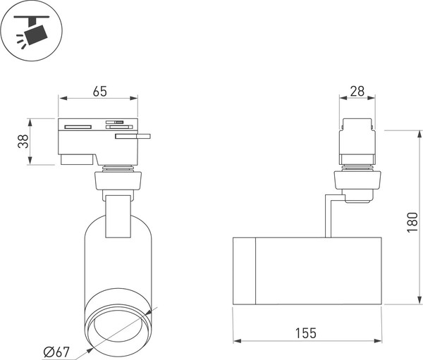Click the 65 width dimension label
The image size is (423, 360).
pyautogui.click(x=100, y=92)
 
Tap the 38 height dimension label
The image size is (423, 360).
pyautogui.click(x=23, y=142)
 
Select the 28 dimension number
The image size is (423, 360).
pyautogui.click(x=357, y=92)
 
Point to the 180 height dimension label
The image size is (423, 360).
pyautogui.click(x=412, y=222)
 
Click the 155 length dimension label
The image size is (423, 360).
pyautogui.click(x=306, y=333)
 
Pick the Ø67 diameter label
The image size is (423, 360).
pyautogui.click(x=56, y=352)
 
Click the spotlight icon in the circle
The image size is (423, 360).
pyautogui.click(x=32, y=31)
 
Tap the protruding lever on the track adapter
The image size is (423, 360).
pyautogui.click(x=133, y=136)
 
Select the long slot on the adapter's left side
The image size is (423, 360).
pyautogui.click(x=78, y=127)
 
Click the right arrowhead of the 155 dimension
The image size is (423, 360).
pyautogui.click(x=378, y=341)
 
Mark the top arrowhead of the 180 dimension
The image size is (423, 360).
pyautogui.click(x=419, y=135)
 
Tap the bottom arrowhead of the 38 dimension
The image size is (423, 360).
pyautogui.click(x=30, y=161)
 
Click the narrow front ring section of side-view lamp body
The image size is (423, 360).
pyautogui.click(x=244, y=271)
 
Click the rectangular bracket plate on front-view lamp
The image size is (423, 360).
pyautogui.click(x=118, y=216)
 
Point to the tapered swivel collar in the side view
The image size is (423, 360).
pyautogui.click(x=357, y=180)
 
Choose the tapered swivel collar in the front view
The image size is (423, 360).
pyautogui.click(x=118, y=180)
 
